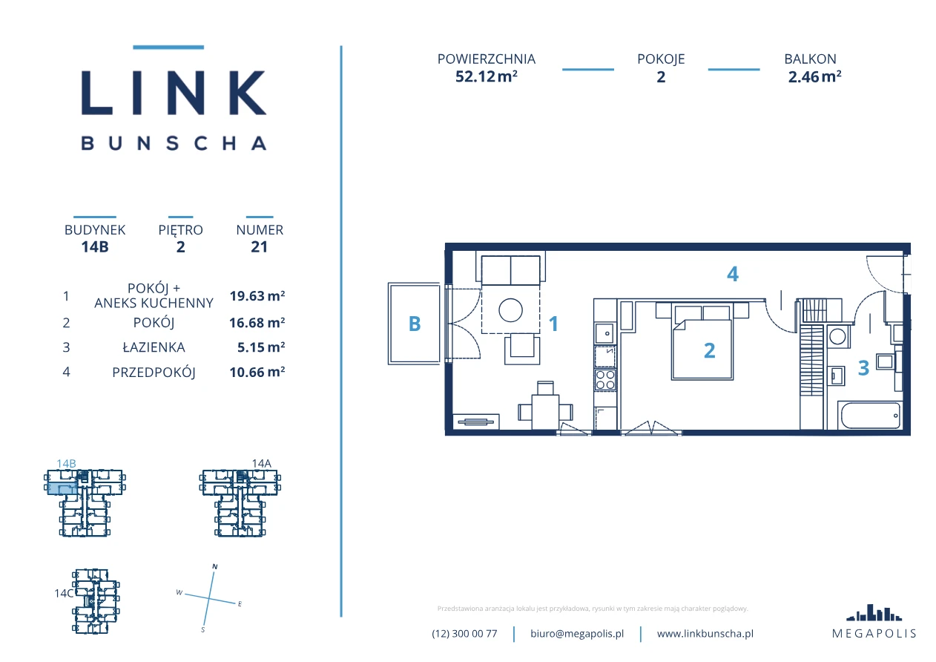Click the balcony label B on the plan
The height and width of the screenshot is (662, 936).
tap(414, 324)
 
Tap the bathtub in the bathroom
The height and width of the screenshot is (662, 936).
tap(871, 416)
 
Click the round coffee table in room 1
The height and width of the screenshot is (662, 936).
tap(510, 310)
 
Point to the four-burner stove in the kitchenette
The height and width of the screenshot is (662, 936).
tap(605, 380)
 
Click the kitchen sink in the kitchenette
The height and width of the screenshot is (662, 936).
tap(605, 333)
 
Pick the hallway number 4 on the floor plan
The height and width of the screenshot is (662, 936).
tap(733, 275)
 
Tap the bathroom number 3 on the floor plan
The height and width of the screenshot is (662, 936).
tap(863, 368)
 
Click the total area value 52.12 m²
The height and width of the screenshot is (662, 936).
tap(487, 76)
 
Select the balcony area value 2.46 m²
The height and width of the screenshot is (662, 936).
tap(814, 76)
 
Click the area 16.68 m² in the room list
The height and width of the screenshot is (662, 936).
tap(257, 322)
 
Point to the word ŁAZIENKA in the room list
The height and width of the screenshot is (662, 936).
tap(154, 347)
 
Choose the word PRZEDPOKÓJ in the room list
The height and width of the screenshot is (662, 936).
tap(154, 372)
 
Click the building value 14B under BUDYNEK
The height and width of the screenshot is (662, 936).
tap(95, 246)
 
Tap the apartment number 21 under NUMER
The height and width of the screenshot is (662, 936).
tap(259, 246)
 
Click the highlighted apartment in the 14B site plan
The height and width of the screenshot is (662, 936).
tap(62, 488)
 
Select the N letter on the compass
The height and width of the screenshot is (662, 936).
tap(215, 566)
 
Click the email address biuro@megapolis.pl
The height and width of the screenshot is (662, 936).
tap(577, 634)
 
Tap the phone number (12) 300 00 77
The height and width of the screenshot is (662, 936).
tap(464, 634)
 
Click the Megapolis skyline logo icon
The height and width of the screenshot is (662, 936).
tap(874, 612)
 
